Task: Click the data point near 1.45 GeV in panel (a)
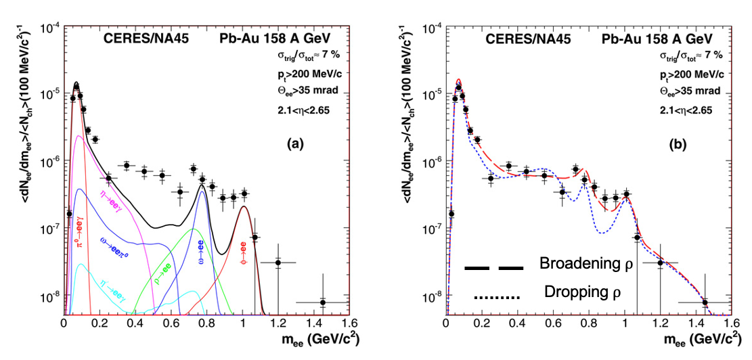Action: tap(322, 302)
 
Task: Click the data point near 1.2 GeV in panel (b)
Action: tap(660, 263)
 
